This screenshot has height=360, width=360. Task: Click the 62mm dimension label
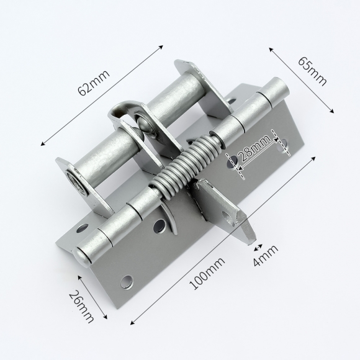tap(94, 83)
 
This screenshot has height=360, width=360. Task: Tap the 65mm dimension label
tap(312, 71)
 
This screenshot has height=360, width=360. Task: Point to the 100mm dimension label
tap(207, 273)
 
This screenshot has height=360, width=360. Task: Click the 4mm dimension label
tap(266, 256)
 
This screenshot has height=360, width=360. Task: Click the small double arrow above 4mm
tap(258, 248)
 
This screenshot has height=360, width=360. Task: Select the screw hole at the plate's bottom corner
tap(127, 281)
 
